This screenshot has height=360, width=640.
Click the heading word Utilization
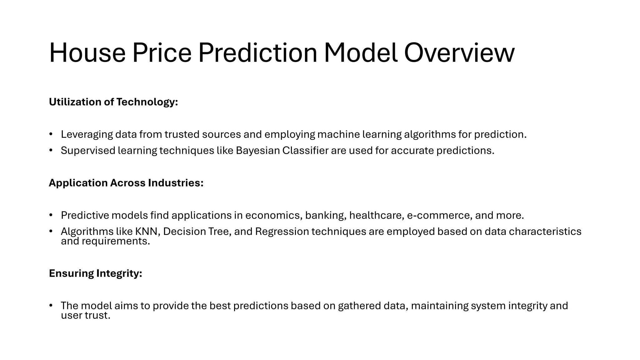point(75,102)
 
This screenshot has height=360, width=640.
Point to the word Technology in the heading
point(147,102)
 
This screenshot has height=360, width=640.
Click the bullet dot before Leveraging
point(51,134)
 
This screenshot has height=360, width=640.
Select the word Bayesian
point(258,151)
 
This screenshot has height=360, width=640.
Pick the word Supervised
point(88,151)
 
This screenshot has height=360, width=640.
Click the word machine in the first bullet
point(338,134)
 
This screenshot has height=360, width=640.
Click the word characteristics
point(545,232)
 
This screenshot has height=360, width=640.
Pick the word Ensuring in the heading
point(71,273)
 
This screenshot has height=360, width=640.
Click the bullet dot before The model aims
point(51,305)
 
